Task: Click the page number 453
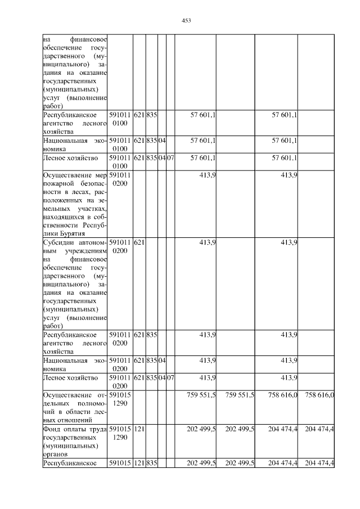coord(187,21)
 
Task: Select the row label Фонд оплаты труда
coord(75,429)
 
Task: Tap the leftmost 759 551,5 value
coord(201,395)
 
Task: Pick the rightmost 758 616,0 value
coord(319,395)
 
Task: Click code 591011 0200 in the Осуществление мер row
coord(120,180)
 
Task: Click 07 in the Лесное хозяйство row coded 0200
coord(170,377)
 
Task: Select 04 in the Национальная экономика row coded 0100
coord(162,140)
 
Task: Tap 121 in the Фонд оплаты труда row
coord(139,429)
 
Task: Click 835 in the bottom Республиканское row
coord(151,463)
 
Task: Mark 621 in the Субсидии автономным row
coord(139,242)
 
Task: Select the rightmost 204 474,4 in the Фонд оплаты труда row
coord(319,429)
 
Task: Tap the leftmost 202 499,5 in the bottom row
coord(201,463)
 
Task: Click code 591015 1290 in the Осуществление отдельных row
coord(120,399)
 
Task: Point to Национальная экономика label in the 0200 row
coord(75,364)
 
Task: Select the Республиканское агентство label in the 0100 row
coord(75,123)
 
